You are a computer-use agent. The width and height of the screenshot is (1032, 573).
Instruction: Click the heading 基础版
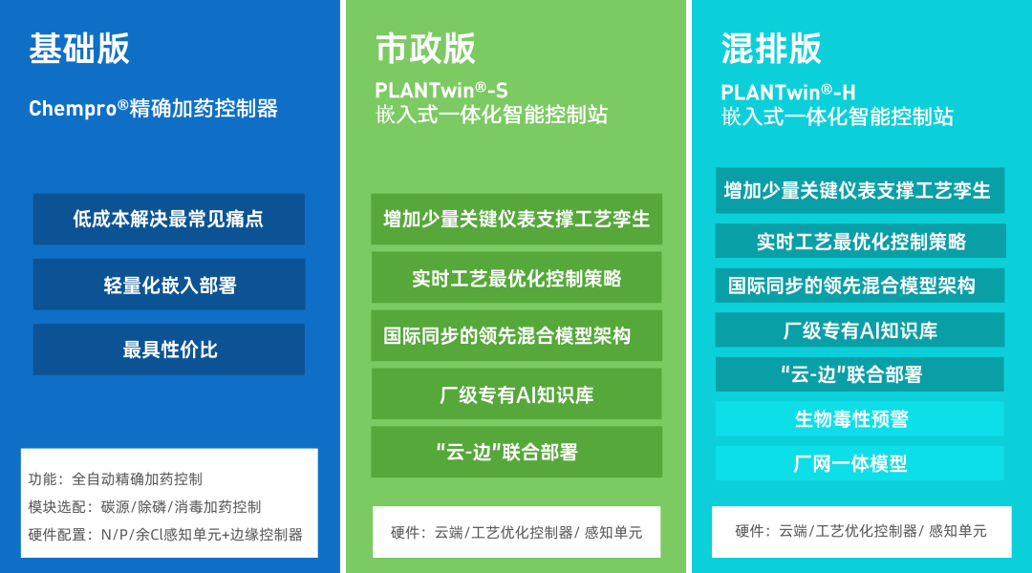79,49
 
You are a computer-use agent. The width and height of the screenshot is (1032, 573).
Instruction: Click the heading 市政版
425,49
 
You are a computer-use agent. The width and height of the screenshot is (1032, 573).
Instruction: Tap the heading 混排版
771,49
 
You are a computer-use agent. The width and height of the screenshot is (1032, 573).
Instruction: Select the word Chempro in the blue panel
73,109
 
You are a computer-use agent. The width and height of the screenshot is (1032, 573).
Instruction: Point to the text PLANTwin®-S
441,90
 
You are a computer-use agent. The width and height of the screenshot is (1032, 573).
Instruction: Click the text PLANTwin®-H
787,92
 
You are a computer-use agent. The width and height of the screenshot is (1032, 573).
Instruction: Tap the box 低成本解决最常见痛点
168,219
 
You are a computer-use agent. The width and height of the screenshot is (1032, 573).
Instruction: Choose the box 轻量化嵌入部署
168,285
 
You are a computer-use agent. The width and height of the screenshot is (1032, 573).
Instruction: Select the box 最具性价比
168,350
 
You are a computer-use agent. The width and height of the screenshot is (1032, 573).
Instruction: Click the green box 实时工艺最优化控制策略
517,278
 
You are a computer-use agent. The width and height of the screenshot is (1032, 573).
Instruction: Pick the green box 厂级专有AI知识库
517,393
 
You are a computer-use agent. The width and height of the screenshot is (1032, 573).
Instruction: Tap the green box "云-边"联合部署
517,452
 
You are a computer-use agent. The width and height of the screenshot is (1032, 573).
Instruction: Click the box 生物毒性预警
860,418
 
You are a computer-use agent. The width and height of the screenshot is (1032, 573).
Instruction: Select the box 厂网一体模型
860,463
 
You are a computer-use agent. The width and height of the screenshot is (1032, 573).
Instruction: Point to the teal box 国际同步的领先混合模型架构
860,286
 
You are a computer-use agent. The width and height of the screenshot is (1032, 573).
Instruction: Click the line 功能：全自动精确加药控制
116,478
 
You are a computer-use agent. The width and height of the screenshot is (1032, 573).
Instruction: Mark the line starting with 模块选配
144,506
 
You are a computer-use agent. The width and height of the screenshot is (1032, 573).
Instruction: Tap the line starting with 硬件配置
165,534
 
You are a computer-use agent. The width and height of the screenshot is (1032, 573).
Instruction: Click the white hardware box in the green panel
517,532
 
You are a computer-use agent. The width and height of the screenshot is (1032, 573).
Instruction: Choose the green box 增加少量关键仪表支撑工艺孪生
517,219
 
